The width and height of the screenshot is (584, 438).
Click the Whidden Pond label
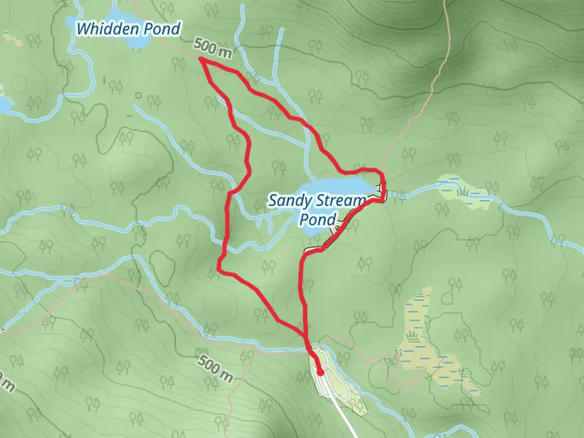click(x=128, y=29)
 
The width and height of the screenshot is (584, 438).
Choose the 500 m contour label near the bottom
click(x=216, y=368)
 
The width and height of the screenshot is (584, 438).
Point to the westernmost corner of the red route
click(x=219, y=269)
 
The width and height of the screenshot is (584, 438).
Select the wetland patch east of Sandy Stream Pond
click(x=466, y=191)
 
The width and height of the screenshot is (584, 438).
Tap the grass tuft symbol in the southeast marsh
click(x=413, y=335)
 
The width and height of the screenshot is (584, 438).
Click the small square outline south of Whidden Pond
click(x=139, y=95)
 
